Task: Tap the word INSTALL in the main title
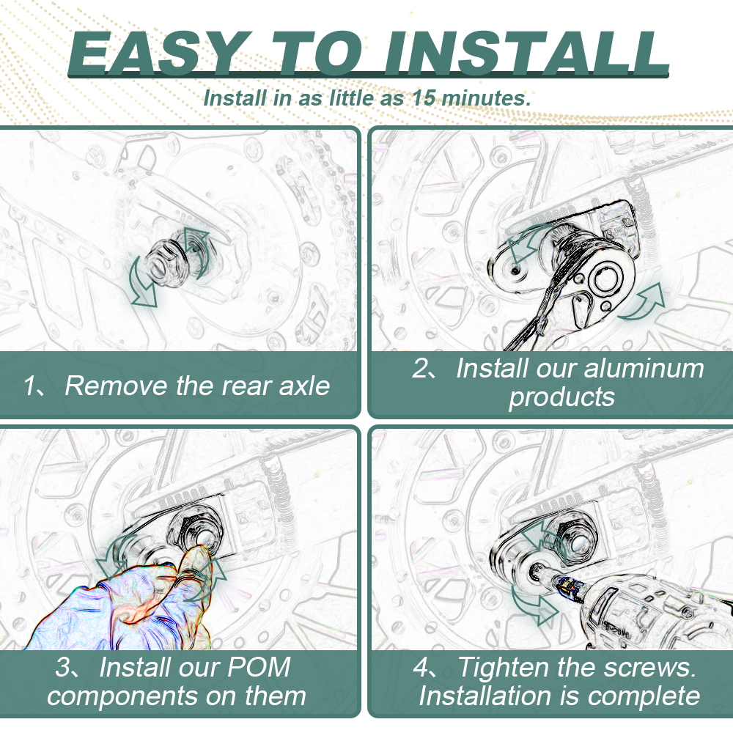pyautogui.click(x=526, y=53)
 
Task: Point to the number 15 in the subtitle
pyautogui.click(x=424, y=98)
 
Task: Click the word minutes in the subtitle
pyautogui.click(x=486, y=98)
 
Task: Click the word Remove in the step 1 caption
pyautogui.click(x=117, y=386)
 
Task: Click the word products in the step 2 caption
pyautogui.click(x=562, y=397)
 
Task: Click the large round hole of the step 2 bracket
pyautogui.click(x=606, y=280)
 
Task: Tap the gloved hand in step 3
pyautogui.click(x=126, y=603)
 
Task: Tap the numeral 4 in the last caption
pyautogui.click(x=420, y=668)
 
